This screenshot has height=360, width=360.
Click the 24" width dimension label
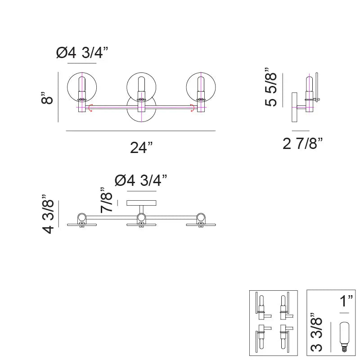[x=141, y=147]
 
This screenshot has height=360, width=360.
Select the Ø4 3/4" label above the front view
[x=83, y=53]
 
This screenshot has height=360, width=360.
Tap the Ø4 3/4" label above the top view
[x=141, y=180]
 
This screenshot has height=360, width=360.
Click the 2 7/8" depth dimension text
[x=303, y=144]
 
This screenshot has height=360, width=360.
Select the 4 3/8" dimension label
[x=48, y=214]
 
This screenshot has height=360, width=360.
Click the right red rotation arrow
[x=192, y=107]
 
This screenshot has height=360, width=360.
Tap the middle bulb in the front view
[x=141, y=87]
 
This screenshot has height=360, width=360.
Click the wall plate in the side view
[x=294, y=107]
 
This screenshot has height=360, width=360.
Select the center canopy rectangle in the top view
[x=141, y=203]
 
